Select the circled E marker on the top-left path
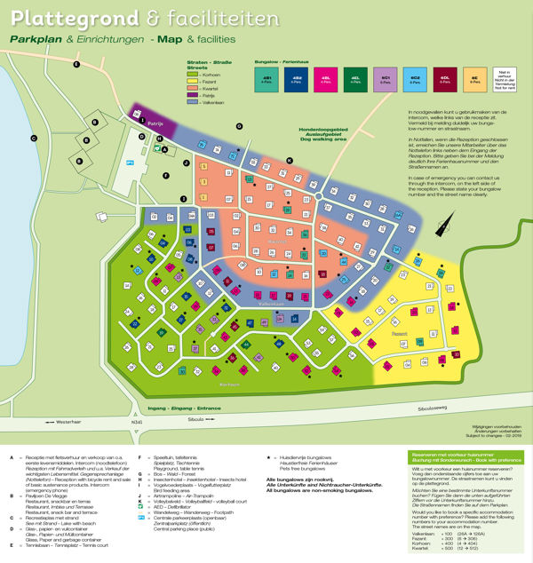(77, 65)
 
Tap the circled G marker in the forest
(239, 126)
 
